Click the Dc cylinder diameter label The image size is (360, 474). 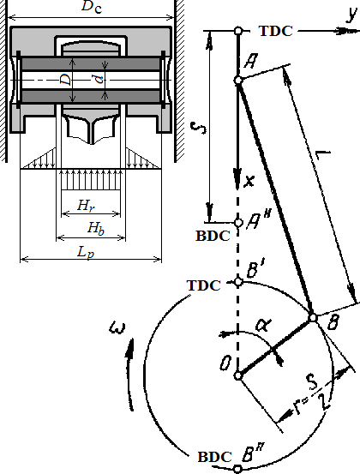click(x=92, y=7)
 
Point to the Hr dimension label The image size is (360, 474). click(x=86, y=205)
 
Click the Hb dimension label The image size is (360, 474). click(x=96, y=228)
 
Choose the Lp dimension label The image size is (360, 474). click(x=86, y=252)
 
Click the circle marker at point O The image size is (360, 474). click(x=238, y=375)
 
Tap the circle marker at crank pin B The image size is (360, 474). click(x=313, y=318)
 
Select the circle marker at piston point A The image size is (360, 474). click(x=238, y=81)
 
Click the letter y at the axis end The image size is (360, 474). click(x=351, y=14)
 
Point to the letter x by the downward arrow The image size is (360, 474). click(x=249, y=181)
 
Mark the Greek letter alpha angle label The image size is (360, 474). click(x=262, y=325)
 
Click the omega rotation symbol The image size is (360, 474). click(x=117, y=328)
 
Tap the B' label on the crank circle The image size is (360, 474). click(x=254, y=271)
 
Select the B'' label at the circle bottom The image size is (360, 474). click(x=253, y=454)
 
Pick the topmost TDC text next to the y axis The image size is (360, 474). click(x=276, y=31)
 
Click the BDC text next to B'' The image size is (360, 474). click(x=215, y=457)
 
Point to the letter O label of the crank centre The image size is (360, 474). click(x=225, y=363)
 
